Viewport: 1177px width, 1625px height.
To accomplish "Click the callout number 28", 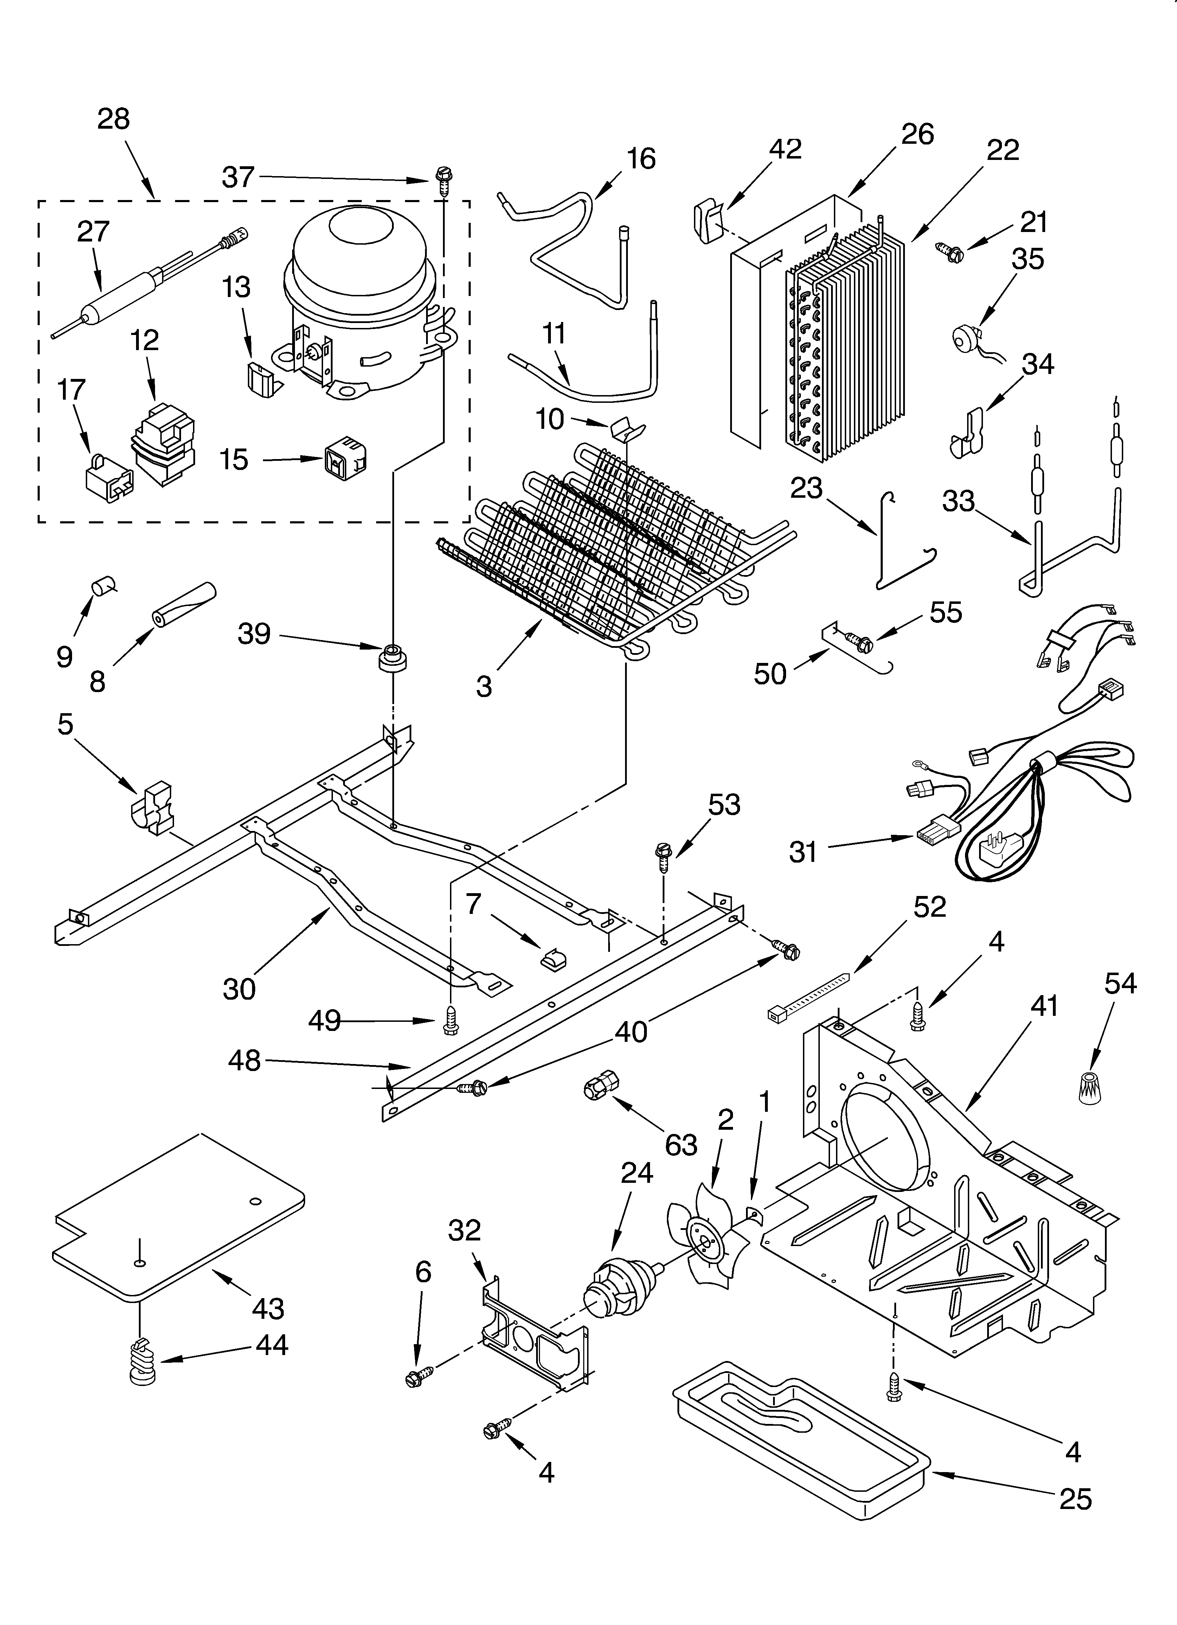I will pos(113,119).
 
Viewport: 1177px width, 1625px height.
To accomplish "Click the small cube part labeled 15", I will pos(345,458).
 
